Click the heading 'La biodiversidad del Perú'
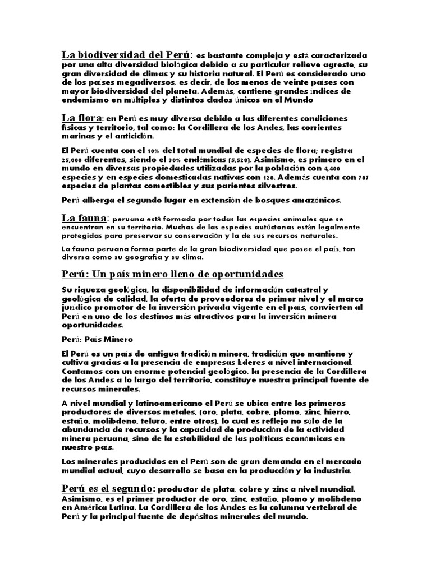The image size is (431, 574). pos(126,55)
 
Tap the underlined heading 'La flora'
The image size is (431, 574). pos(81,118)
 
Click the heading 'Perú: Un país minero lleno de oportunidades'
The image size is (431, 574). pos(172,274)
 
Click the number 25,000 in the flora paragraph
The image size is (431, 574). pos(72,160)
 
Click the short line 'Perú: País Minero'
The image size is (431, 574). pos(97,340)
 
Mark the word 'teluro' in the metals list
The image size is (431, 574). pos(172,420)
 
